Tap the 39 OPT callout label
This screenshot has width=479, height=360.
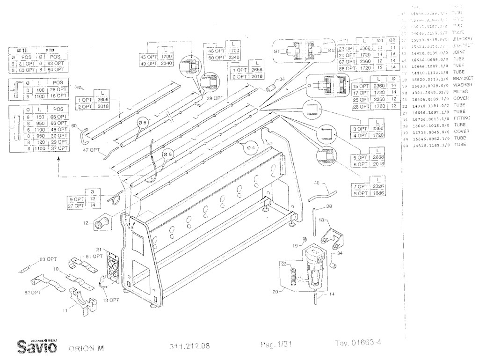(x=216, y=98)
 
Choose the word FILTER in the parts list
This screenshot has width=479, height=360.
(x=461, y=92)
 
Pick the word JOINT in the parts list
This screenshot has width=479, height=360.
(x=460, y=53)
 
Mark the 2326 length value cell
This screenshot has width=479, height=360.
(x=379, y=186)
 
